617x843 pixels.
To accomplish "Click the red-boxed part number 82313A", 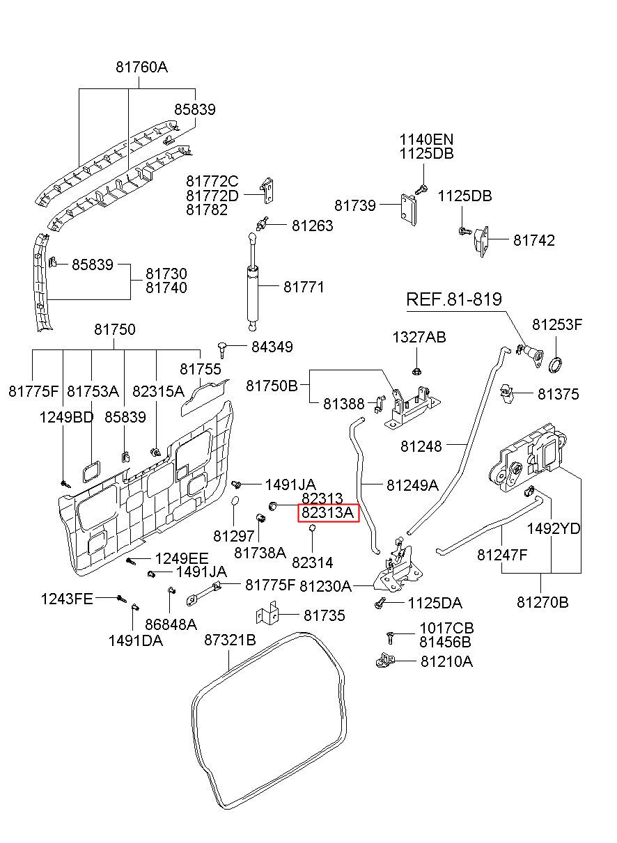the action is click(328, 512).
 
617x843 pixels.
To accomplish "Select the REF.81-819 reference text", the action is click(453, 299).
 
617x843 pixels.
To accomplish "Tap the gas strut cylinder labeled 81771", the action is click(253, 293).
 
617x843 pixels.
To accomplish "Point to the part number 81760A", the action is click(141, 67).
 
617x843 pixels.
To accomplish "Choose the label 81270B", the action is click(542, 602).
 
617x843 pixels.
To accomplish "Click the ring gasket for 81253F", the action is click(556, 365).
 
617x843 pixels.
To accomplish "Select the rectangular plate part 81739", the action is click(408, 210).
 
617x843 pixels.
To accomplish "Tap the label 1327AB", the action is click(419, 337).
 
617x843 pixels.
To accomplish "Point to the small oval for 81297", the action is click(234, 502).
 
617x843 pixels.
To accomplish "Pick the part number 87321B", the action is click(230, 640).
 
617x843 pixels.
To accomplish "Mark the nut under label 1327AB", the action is click(416, 372).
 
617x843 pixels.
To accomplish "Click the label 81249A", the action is click(412, 485).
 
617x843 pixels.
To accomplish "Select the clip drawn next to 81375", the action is click(507, 393).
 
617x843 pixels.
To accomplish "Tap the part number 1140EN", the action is click(426, 140).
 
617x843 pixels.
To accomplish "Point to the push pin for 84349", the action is click(223, 349).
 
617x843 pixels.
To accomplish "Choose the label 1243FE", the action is click(67, 599).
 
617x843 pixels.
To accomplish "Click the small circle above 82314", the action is click(312, 528).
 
